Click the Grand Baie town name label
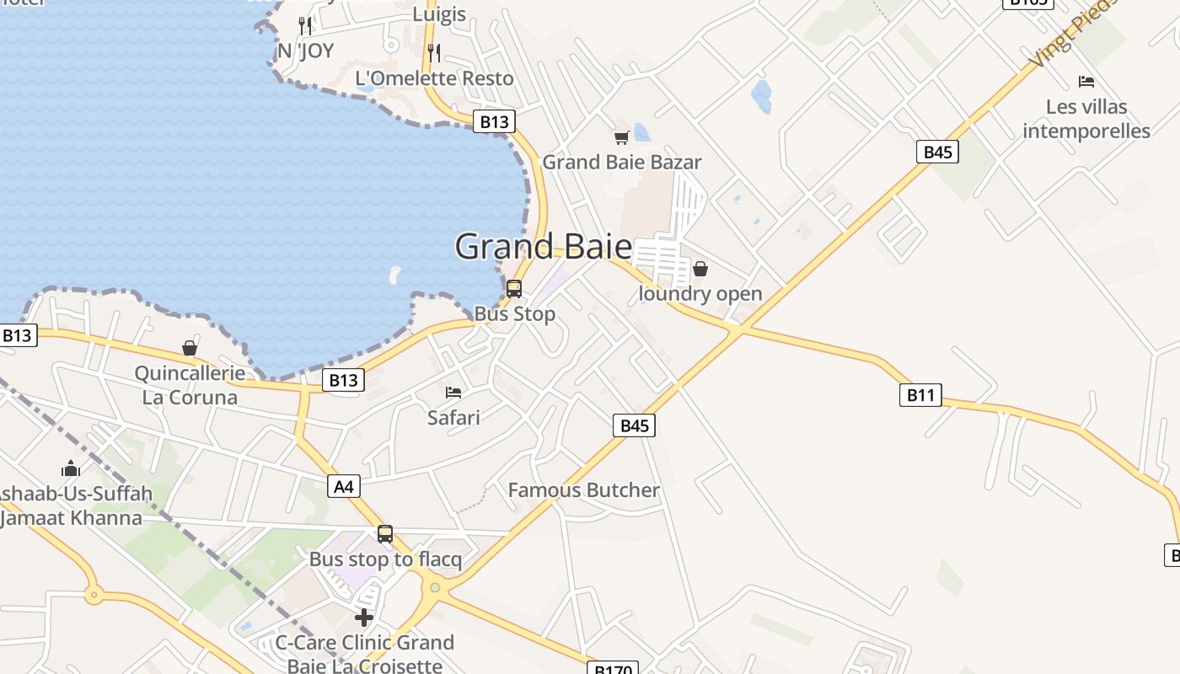[544, 247]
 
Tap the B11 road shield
[920, 394]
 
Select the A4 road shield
[344, 486]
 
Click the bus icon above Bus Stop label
[514, 289]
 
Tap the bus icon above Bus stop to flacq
[385, 534]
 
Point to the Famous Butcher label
[583, 489]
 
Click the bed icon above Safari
[453, 392]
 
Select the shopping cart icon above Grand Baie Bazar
[622, 137]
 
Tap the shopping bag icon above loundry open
[700, 269]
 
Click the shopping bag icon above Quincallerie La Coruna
[190, 348]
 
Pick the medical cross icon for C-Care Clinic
[364, 618]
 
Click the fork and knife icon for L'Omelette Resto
[434, 53]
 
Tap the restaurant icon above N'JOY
[305, 25]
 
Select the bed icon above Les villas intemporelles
[1086, 82]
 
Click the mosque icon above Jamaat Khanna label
[71, 468]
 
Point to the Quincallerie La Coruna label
[190, 385]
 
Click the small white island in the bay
[394, 274]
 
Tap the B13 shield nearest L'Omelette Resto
[494, 121]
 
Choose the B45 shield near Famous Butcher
[634, 425]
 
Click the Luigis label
[439, 13]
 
